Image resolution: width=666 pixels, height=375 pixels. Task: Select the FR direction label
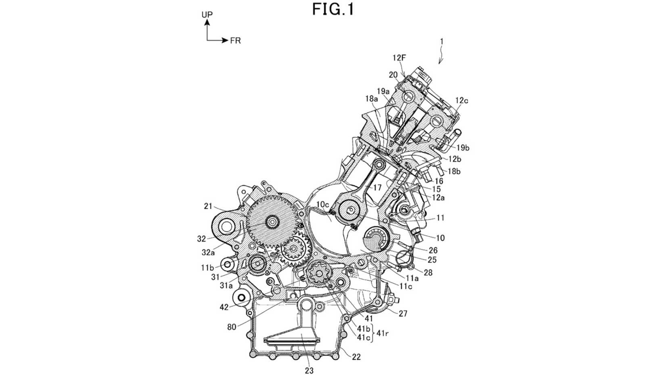(235, 41)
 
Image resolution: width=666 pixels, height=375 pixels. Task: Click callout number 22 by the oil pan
(356, 357)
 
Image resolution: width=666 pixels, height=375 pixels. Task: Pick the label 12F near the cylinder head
(399, 58)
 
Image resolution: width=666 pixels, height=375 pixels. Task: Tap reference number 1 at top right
(442, 41)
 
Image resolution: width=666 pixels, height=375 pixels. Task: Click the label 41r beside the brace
(383, 333)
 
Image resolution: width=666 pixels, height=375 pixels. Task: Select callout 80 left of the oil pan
(232, 327)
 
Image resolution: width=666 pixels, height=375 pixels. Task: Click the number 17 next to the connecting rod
(377, 187)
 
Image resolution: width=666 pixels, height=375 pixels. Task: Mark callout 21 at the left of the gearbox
(208, 206)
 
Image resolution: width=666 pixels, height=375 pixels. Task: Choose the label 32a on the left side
(209, 253)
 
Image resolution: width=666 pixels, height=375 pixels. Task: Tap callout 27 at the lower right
(403, 313)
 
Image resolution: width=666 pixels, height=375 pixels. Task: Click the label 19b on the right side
(462, 148)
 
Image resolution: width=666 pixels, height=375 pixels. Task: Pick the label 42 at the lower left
(224, 307)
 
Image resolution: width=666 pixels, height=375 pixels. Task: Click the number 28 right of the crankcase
(428, 273)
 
